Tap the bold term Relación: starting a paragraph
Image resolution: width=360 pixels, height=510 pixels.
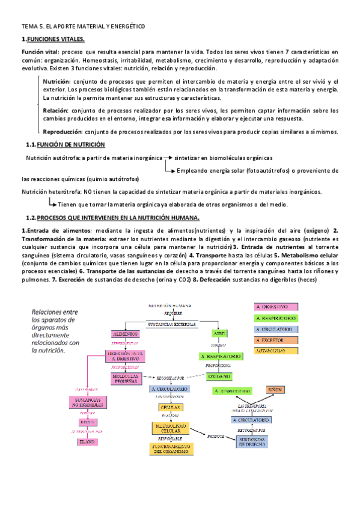tap(56, 111)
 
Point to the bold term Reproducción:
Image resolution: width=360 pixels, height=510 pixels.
tap(63, 132)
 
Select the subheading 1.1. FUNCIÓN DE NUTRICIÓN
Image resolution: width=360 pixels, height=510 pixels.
tap(71, 145)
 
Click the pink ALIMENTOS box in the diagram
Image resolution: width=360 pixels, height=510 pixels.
tap(126, 333)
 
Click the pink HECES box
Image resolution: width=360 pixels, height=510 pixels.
tap(88, 423)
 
